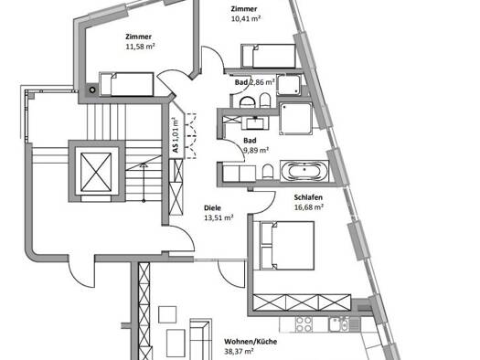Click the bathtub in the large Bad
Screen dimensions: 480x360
tap(304, 171)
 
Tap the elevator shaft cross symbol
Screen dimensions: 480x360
tap(96, 172)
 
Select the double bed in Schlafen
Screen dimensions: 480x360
tap(287, 246)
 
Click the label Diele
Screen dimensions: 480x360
tap(212, 208)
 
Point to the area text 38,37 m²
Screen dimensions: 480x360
tap(239, 352)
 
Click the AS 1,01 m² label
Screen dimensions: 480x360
tap(176, 135)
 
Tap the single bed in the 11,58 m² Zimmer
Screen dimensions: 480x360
tap(126, 84)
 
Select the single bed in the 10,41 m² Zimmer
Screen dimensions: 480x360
tap(268, 56)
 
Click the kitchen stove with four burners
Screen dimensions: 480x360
tap(304, 324)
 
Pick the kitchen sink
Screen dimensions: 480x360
tap(339, 324)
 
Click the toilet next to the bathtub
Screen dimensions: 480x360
tap(268, 172)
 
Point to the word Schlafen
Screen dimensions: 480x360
tap(308, 197)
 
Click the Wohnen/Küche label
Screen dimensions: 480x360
tap(251, 342)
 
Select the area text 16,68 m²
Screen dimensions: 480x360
tap(309, 207)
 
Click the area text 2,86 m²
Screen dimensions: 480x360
tap(262, 82)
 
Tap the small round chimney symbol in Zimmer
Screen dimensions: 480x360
tap(92, 90)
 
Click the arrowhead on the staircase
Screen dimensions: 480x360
tap(144, 165)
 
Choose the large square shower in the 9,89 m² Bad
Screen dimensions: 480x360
tap(295, 119)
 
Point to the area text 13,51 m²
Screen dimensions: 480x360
tap(219, 217)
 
